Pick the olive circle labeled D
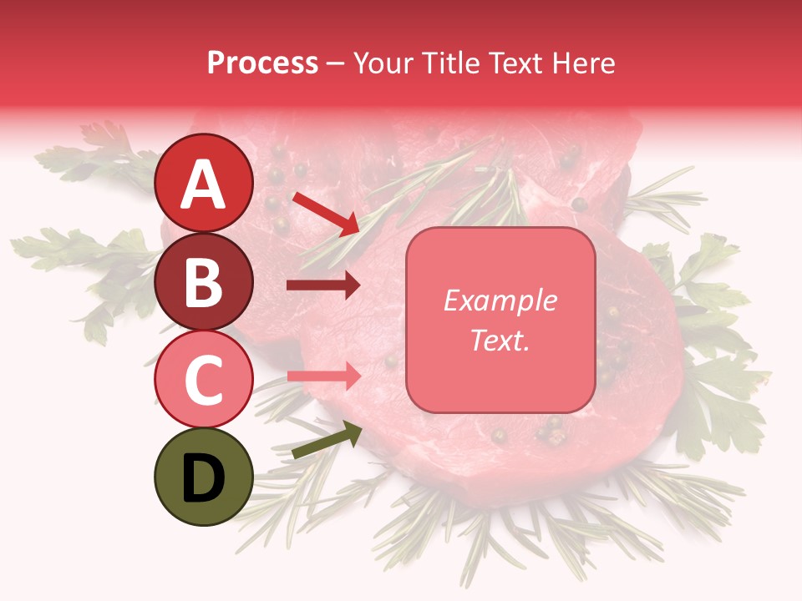(x=204, y=477)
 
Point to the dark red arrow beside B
(x=323, y=285)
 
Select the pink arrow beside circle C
(x=323, y=376)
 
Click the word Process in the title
(x=262, y=63)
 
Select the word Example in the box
(x=500, y=300)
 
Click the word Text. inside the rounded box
(x=500, y=340)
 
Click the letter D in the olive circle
(x=204, y=478)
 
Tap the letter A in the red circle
(x=204, y=184)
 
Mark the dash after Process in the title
(x=336, y=64)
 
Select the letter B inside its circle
(x=204, y=282)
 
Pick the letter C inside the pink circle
(x=204, y=380)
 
